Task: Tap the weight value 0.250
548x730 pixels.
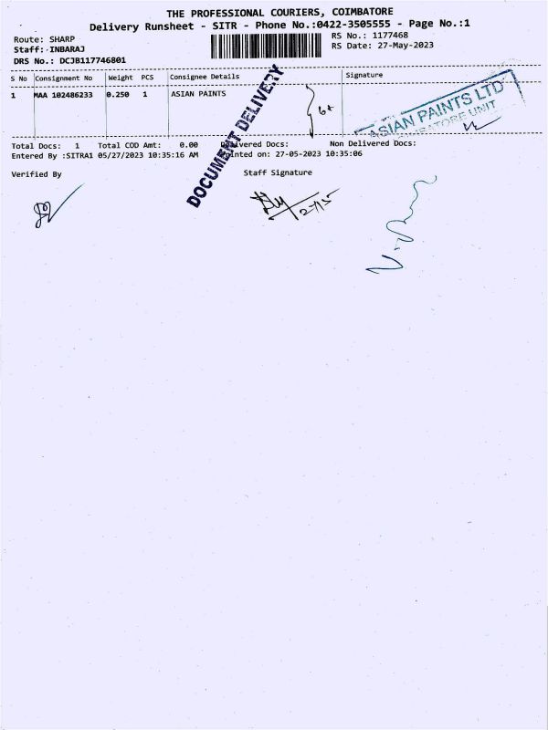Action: pos(119,93)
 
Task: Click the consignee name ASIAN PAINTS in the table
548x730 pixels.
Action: pos(198,93)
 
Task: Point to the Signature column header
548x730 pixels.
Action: pos(364,75)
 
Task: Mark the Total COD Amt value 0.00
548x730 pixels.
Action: pos(189,144)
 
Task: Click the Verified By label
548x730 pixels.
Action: pos(37,173)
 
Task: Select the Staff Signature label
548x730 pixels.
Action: pos(278,172)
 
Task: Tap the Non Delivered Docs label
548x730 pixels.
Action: pos(373,143)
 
